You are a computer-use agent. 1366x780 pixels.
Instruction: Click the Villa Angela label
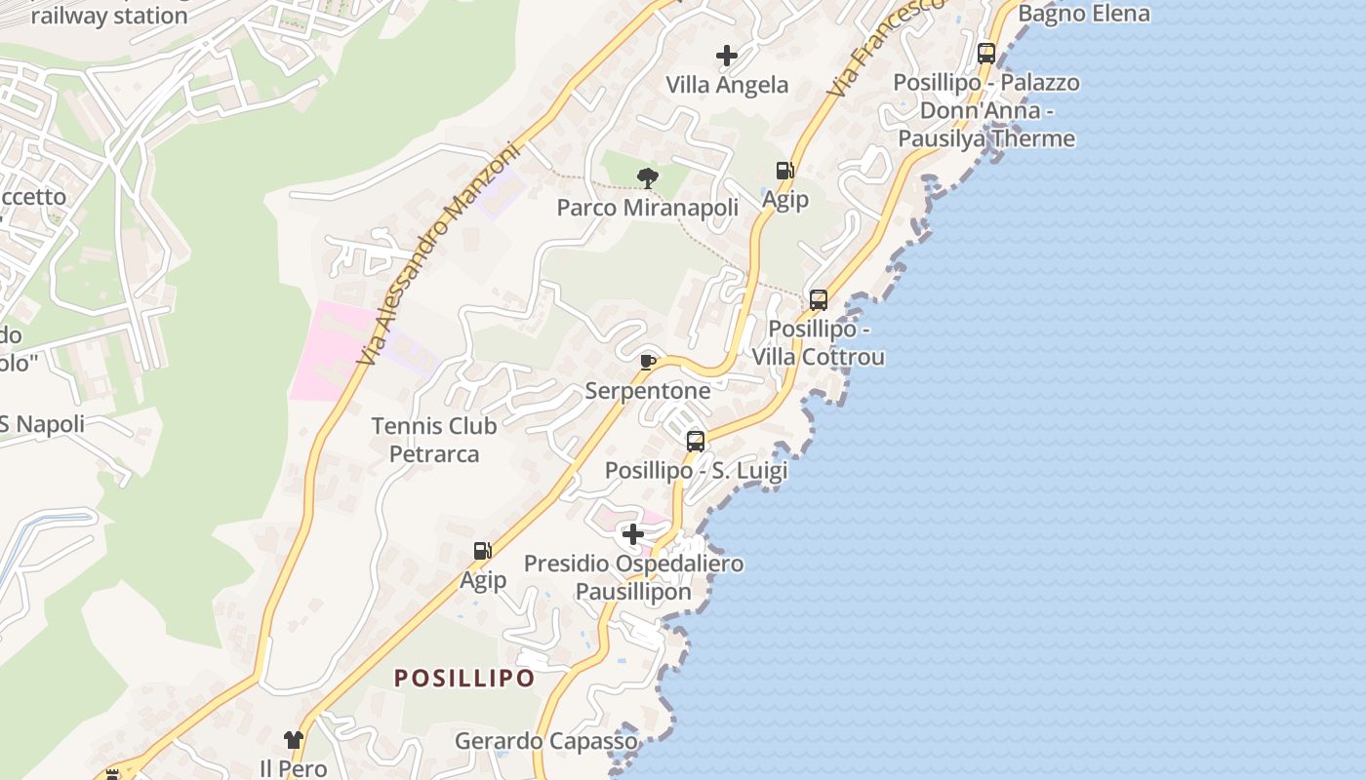727,85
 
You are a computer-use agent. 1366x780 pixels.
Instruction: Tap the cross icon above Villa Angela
727,56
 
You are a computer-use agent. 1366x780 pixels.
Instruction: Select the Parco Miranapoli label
647,208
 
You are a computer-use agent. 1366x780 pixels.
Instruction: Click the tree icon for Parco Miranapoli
647,177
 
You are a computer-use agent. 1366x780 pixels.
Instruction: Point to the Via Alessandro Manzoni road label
441,255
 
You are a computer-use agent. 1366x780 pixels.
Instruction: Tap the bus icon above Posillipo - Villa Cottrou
819,299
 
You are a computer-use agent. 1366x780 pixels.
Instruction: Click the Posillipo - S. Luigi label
696,470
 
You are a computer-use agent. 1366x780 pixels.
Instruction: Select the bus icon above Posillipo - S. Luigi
696,441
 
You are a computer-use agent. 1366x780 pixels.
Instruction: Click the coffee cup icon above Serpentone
647,363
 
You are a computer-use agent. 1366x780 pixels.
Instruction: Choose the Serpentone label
647,391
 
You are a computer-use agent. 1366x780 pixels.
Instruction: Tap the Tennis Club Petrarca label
434,440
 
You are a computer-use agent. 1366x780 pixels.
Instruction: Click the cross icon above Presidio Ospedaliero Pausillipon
633,534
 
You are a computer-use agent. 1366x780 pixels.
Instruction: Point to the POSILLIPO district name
464,679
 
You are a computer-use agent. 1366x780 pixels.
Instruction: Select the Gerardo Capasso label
545,741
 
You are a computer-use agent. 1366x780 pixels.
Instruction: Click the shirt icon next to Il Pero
294,740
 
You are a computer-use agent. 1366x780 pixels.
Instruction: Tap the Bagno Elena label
1084,14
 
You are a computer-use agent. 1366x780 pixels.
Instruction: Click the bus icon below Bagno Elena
986,53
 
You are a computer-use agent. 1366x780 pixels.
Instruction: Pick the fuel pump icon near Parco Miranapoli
784,171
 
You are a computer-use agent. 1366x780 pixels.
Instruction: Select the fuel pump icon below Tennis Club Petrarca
482,551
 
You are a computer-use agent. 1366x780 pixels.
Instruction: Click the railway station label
109,16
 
